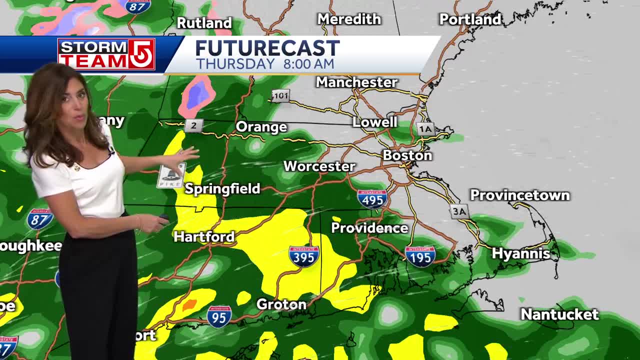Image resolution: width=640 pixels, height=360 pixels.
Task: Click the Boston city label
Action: [407, 155]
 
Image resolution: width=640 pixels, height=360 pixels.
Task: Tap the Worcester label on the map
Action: [319, 166]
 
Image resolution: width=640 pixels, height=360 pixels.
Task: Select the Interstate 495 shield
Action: [372, 199]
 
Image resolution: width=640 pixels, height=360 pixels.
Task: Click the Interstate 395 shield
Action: [304, 255]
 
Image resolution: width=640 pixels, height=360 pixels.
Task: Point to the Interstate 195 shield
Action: [420, 255]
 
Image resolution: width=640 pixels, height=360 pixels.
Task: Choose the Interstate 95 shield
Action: [219, 316]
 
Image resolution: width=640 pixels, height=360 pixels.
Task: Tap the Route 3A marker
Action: [459, 211]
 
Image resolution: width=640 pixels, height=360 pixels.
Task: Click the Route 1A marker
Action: [424, 129]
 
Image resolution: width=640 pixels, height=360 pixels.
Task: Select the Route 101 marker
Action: [280, 95]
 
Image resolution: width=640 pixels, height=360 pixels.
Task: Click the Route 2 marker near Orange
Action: [193, 125]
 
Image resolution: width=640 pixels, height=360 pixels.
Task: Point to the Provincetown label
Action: [519, 195]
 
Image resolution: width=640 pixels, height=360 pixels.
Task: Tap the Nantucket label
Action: [559, 314]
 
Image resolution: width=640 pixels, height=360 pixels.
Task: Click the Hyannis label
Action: [521, 253]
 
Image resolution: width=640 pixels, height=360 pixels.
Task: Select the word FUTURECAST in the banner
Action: [267, 48]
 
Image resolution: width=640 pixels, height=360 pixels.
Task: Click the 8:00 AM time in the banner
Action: [308, 64]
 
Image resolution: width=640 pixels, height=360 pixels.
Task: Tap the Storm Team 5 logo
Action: [106, 54]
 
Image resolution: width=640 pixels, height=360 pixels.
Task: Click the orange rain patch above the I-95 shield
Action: [190, 304]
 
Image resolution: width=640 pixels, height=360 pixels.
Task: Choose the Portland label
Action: [470, 19]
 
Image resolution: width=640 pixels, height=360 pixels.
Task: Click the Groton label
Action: [281, 304]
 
